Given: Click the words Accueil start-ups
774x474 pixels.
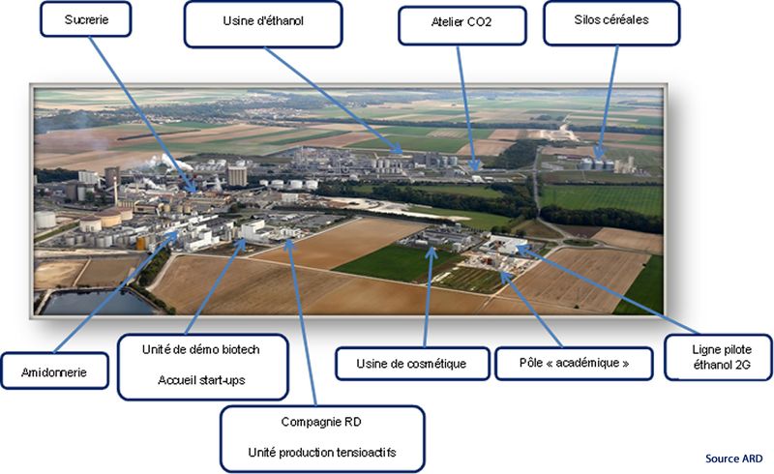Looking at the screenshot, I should (202, 379).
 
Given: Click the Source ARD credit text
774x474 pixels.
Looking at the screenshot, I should (734, 457).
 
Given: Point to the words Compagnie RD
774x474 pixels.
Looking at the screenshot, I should (322, 422).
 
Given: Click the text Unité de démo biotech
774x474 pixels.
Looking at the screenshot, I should (202, 348).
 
